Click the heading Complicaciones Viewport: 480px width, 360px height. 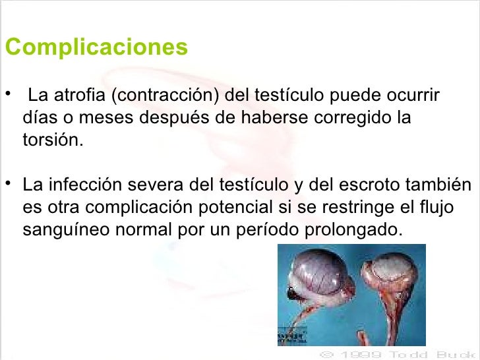(x=96, y=49)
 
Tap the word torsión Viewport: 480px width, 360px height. (x=53, y=143)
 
